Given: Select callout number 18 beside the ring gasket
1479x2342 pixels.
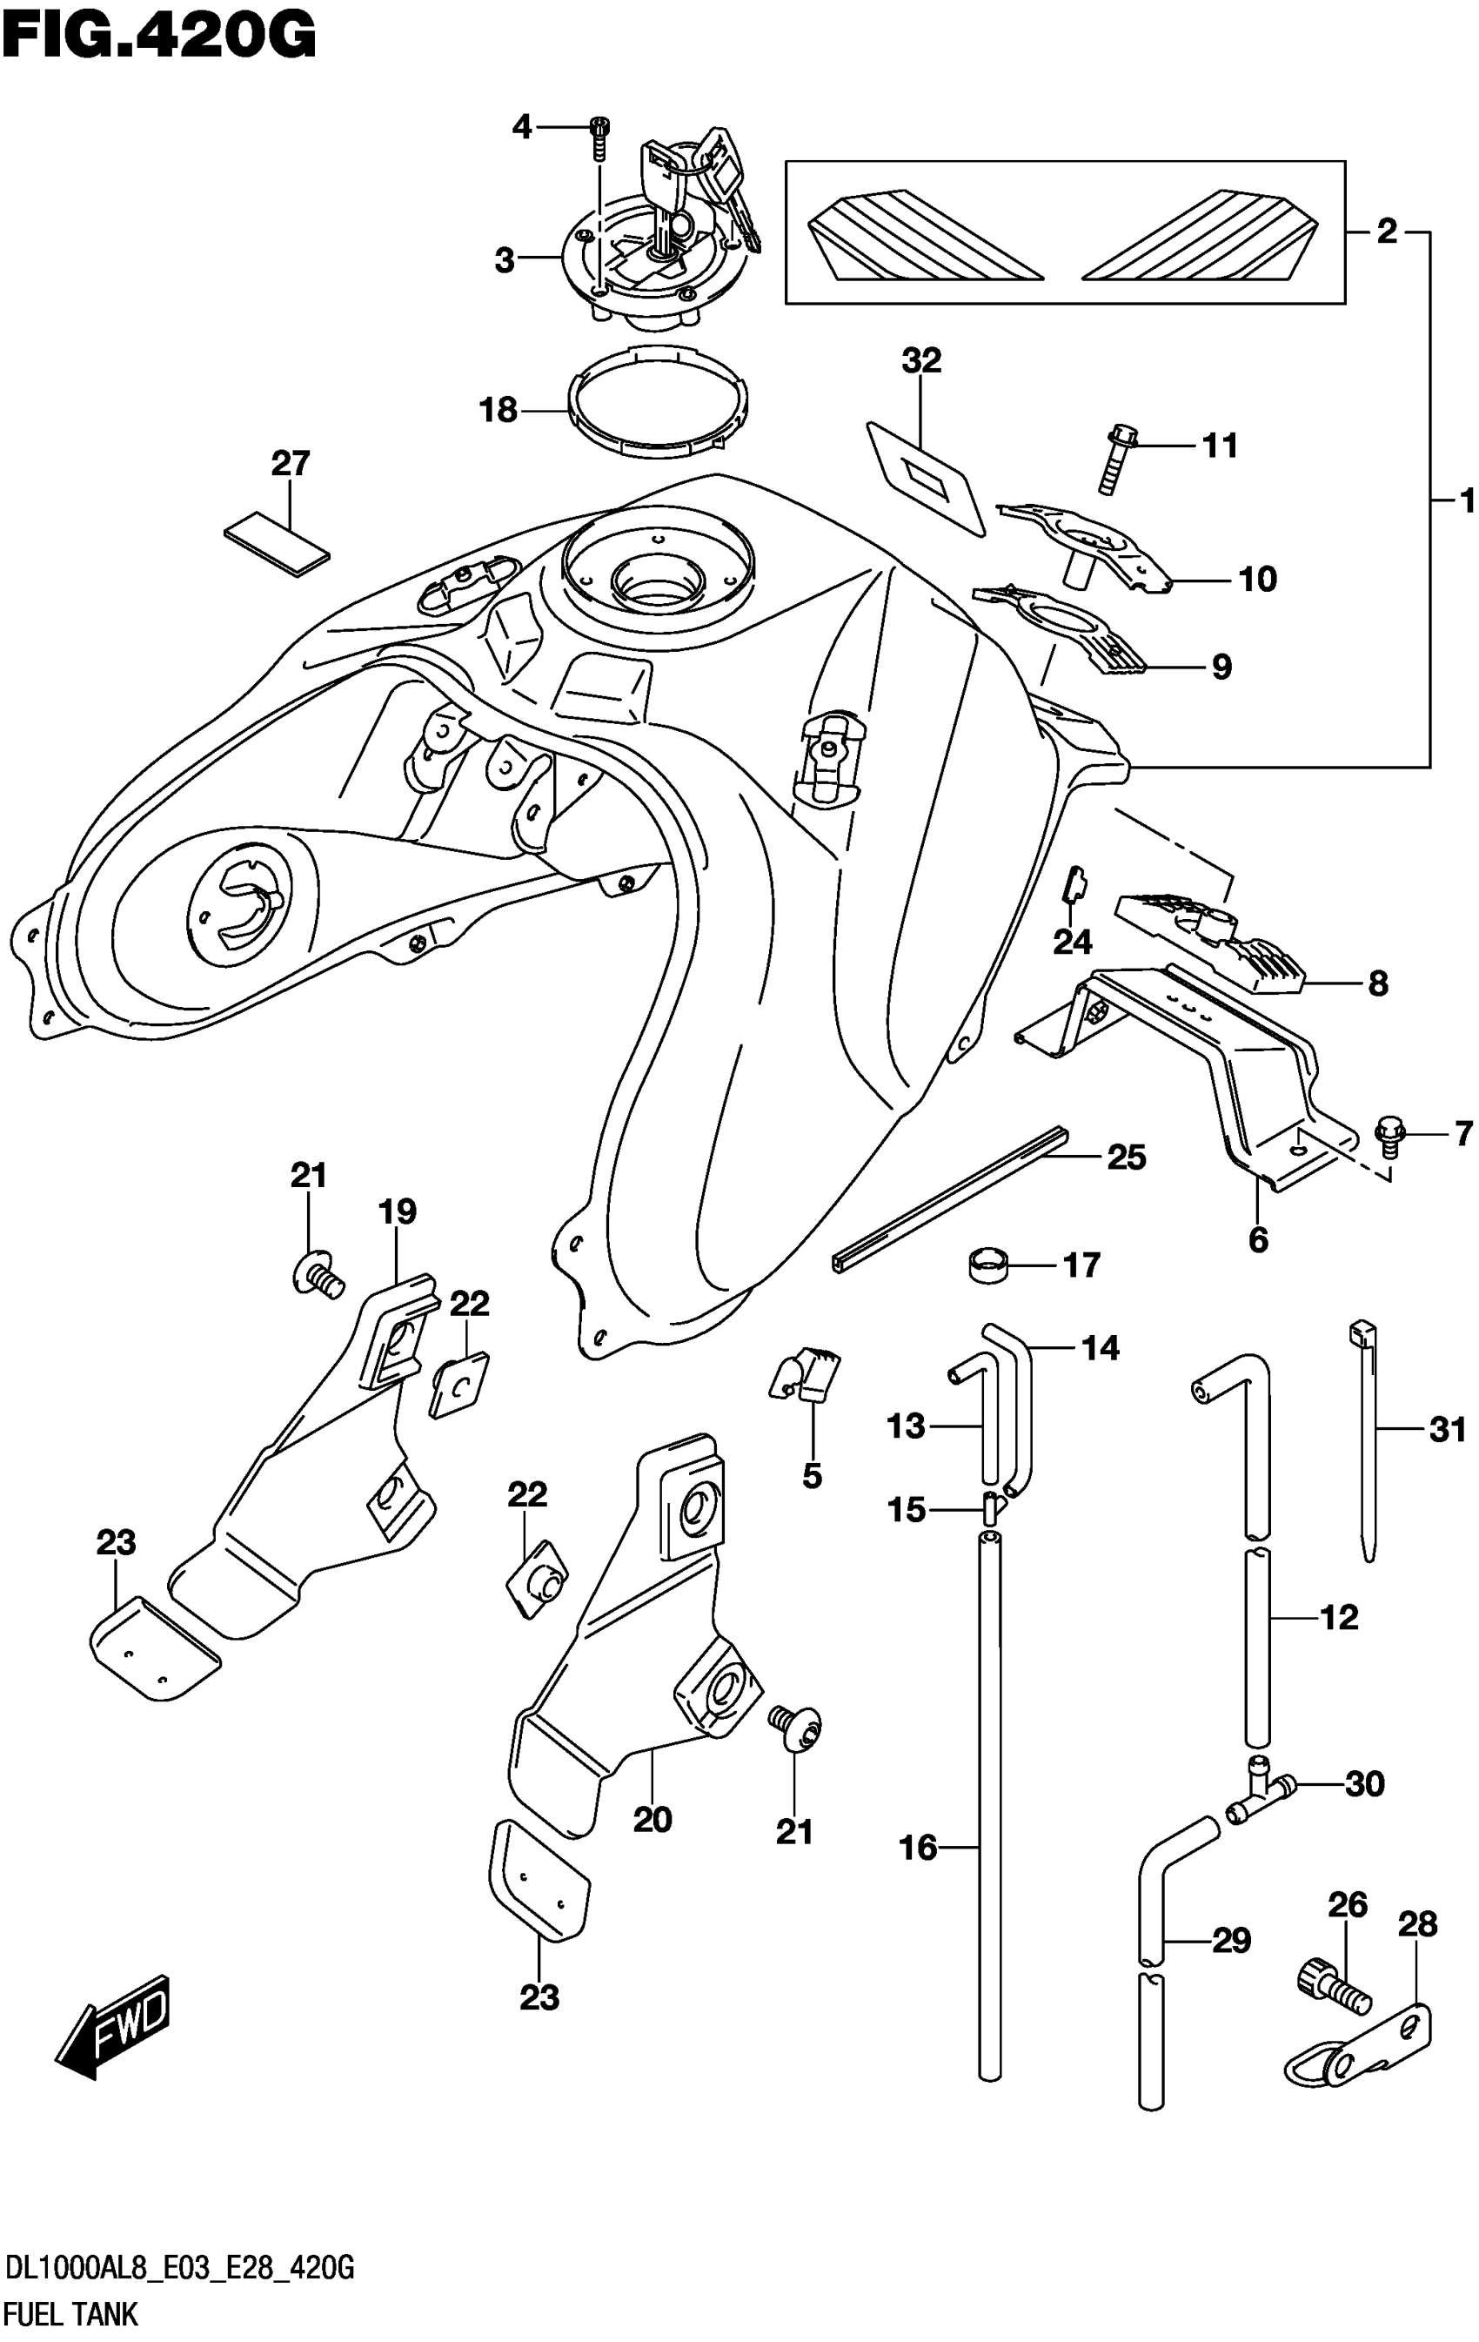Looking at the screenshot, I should [x=498, y=411].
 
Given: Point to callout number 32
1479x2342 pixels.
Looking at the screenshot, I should [x=920, y=361].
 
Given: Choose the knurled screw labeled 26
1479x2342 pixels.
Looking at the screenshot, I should [x=1333, y=1985].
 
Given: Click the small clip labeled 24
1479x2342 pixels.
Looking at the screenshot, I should [x=1075, y=884].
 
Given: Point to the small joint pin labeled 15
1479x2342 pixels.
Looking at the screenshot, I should [x=991, y=1508].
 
